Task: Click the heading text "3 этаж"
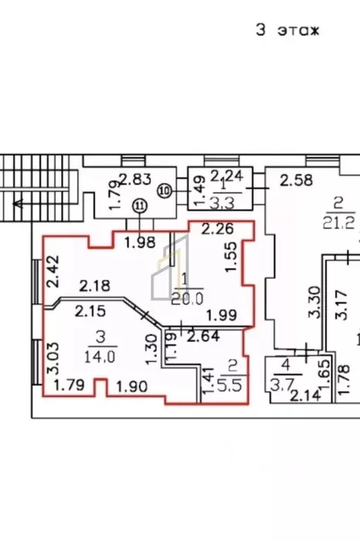pos(287,30)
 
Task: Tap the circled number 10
pos(166,191)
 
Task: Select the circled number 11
pos(139,206)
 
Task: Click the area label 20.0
pos(187,299)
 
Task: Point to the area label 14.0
pos(100,356)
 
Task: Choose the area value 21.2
pos(339,223)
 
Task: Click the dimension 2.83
pos(135,180)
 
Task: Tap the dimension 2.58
pos(296,180)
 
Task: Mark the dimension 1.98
pos(139,242)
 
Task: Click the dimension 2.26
pos(218,229)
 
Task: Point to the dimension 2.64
pos(204,336)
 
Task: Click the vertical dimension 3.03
pos(53,358)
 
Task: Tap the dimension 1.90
pos(132,386)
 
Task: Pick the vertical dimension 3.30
pos(314,302)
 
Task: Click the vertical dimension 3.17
pos(341,305)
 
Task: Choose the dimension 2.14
pos(305,395)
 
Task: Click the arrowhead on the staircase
pos(18,204)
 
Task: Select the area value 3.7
pos(277,385)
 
